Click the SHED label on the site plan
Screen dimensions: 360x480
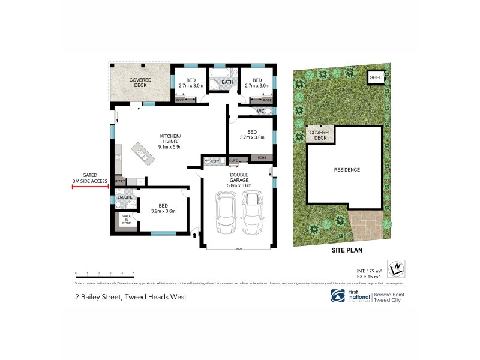pos(376,77)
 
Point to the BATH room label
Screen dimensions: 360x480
pos(227,82)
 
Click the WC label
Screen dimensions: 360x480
pos(260,112)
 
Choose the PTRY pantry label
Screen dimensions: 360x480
pos(120,181)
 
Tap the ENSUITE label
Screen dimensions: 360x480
pos(125,197)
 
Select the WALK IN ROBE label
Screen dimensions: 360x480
pos(127,219)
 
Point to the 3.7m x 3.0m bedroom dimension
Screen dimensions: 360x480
pos(252,137)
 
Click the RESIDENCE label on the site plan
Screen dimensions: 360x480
pos(347,170)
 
